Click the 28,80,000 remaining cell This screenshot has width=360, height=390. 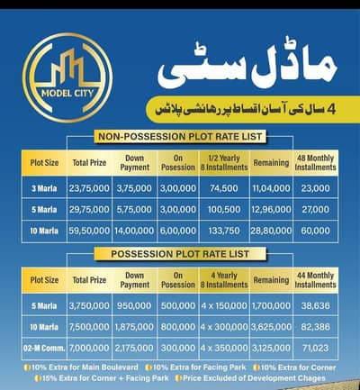pyautogui.click(x=271, y=230)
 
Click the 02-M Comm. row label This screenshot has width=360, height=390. pyautogui.click(x=43, y=347)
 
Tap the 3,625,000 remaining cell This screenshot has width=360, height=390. pyautogui.click(x=271, y=325)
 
